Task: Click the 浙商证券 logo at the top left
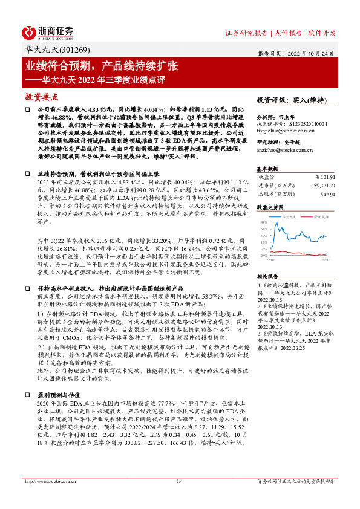tap(48, 31)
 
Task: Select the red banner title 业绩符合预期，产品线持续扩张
tap(102, 65)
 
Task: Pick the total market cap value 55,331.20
tap(322, 186)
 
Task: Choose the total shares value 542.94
tap(326, 194)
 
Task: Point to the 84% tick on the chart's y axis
tap(264, 222)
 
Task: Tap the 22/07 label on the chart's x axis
tap(270, 260)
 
